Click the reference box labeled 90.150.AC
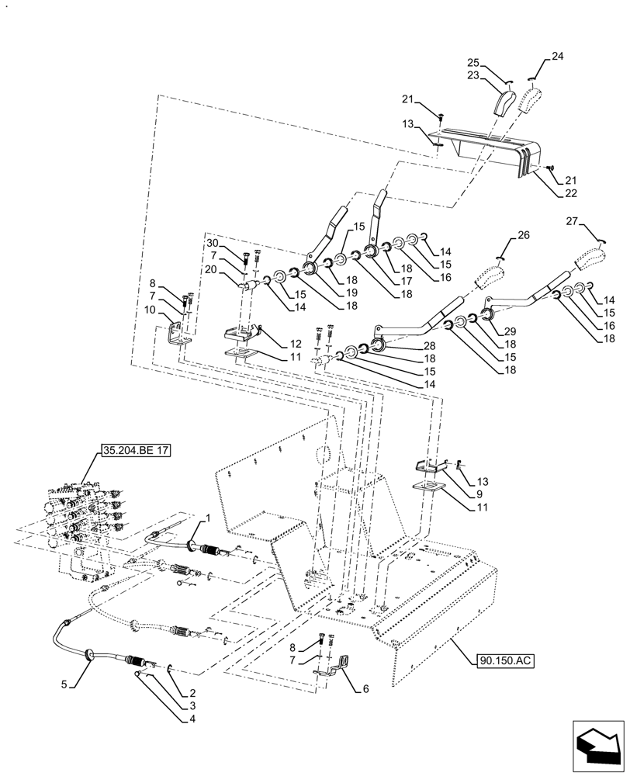pyautogui.click(x=502, y=660)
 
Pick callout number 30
pyautogui.click(x=212, y=244)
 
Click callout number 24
pyautogui.click(x=558, y=57)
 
